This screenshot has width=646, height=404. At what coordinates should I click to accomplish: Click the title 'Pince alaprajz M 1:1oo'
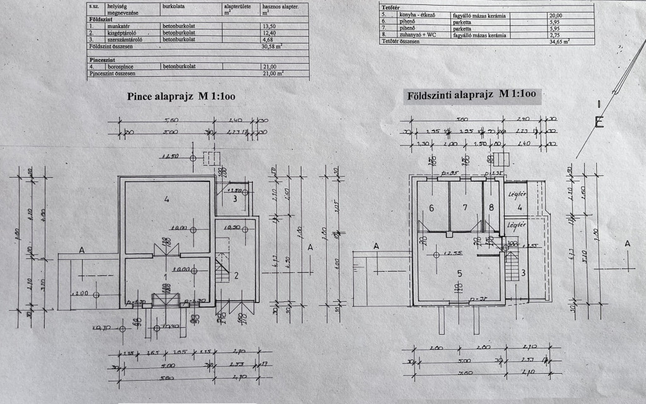[181, 98]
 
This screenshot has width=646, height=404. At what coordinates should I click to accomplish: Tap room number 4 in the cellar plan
[167, 199]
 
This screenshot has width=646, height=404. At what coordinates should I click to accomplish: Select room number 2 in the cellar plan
[236, 274]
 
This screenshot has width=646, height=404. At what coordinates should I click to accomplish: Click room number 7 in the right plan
[465, 207]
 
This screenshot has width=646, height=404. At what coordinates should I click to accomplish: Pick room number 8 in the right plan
[491, 207]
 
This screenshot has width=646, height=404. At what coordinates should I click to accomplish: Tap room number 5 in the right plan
[459, 273]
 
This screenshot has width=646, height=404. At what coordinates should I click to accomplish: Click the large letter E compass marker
[599, 121]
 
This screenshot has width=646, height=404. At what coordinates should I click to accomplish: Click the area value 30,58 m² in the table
[273, 46]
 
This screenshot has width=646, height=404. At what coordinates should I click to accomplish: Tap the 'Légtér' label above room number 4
[517, 194]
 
